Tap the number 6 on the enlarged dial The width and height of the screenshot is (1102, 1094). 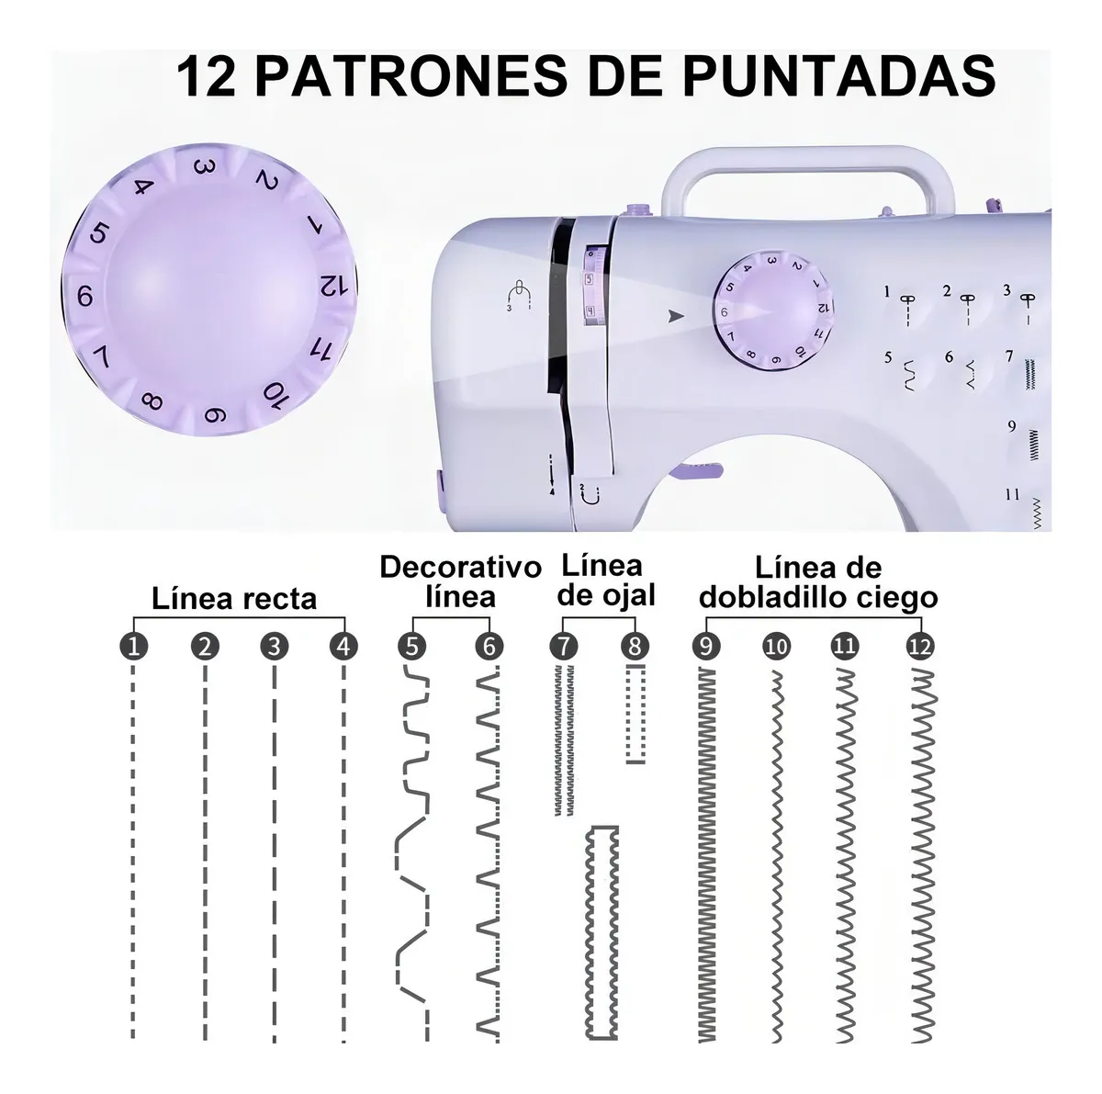pos(85,296)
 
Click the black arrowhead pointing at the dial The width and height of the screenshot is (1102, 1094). pos(677,315)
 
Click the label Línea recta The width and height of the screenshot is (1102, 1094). pos(234,600)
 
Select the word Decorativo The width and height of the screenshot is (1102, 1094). pos(460,567)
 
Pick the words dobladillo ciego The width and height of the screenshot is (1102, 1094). pos(818,598)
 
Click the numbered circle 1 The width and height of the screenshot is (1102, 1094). pos(134,647)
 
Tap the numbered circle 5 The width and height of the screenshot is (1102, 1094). pos(412,647)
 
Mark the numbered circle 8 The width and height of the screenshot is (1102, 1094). pos(635,647)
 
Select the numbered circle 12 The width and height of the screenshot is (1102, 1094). pos(918,647)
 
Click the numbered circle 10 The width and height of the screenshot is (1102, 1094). pos(776,647)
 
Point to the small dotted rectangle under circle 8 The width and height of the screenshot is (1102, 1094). pos(635,715)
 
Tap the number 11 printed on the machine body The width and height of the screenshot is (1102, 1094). pos(1011,494)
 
